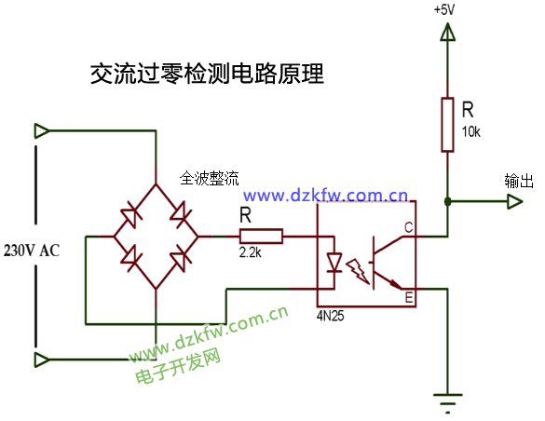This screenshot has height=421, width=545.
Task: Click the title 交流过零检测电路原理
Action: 206,75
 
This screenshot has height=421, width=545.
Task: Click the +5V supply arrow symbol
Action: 448,34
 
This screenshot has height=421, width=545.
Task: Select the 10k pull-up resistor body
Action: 448,126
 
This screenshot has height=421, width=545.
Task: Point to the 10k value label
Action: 470,132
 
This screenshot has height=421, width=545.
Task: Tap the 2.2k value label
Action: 250,252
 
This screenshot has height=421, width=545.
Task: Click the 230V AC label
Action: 31,251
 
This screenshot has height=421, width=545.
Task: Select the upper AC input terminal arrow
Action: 42,130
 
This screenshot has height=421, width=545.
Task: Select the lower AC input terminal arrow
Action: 42,360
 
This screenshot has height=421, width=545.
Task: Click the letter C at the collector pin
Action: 408,227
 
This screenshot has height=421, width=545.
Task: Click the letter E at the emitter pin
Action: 408,298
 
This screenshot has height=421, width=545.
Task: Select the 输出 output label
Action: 517,181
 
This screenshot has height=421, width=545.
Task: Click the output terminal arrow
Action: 515,200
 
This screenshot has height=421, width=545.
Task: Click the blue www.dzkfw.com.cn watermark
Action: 326,197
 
